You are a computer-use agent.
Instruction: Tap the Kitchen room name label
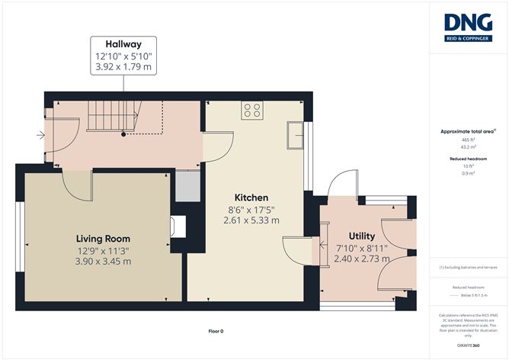tap(251, 196)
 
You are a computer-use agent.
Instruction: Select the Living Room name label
tap(102, 238)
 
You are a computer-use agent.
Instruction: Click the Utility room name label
tap(362, 236)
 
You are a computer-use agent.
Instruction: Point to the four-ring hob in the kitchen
tap(251, 111)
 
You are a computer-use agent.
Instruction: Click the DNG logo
tap(468, 27)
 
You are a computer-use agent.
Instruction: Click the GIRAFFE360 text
tap(468, 345)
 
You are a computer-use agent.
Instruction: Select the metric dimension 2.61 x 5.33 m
tap(251, 220)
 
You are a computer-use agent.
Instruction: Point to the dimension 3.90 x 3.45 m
tap(102, 262)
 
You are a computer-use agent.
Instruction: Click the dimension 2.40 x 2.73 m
tap(362, 259)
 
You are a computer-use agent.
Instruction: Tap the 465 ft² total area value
tap(468, 140)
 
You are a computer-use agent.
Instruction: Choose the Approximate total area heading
tap(467, 131)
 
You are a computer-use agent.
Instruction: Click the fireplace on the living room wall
tap(178, 225)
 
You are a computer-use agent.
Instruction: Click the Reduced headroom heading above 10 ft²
tap(468, 158)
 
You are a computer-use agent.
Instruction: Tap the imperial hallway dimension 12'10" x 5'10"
tap(123, 55)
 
